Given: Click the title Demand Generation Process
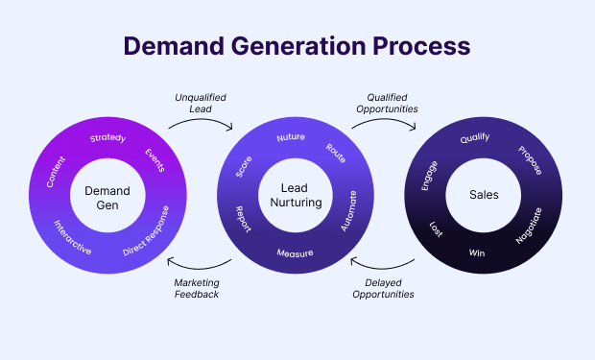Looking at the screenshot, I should [297, 45].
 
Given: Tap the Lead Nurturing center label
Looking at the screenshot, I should [297, 196].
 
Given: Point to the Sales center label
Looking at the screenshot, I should [483, 195].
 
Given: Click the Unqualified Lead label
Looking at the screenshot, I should [201, 103].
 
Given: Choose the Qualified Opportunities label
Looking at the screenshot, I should [392, 103].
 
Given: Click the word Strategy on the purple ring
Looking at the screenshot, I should [107, 138].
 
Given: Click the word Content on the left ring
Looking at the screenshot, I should [59, 168].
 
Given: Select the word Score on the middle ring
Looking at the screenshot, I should [245, 164].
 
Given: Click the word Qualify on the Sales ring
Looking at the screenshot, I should [475, 137].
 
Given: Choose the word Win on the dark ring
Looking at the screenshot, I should [477, 253].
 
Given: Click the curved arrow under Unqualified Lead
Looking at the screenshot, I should [200, 123].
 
